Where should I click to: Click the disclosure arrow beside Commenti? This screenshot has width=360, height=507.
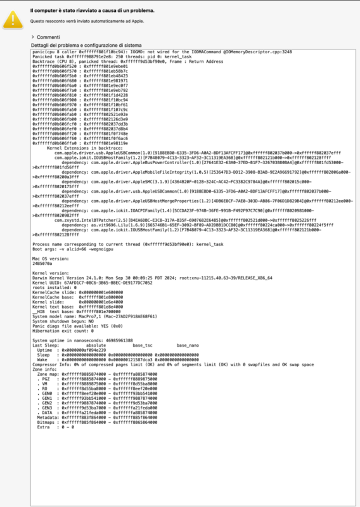[x=32, y=37]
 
